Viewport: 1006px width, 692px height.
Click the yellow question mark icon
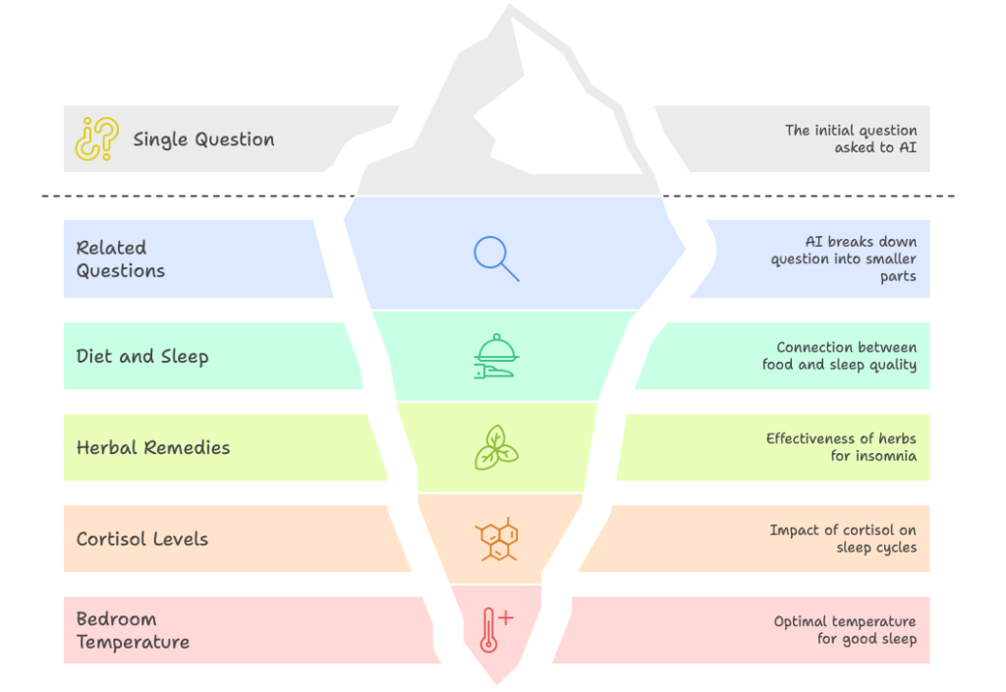pyautogui.click(x=96, y=140)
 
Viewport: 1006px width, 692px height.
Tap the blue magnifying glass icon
pyautogui.click(x=496, y=258)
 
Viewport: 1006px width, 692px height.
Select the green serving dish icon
pyautogui.click(x=496, y=357)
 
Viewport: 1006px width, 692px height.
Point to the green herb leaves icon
pyautogui.click(x=496, y=447)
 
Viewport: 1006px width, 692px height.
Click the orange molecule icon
pyautogui.click(x=497, y=539)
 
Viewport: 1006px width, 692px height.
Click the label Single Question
pyautogui.click(x=203, y=140)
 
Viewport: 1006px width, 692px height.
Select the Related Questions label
pyautogui.click(x=121, y=259)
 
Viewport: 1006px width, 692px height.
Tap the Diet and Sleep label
pyautogui.click(x=142, y=357)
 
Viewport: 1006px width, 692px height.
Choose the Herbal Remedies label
pyautogui.click(x=153, y=448)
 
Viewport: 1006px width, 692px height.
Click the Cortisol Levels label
pyautogui.click(x=142, y=540)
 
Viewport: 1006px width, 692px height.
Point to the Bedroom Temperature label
pyautogui.click(x=133, y=631)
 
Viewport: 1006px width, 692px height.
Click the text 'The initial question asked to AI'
pyautogui.click(x=851, y=139)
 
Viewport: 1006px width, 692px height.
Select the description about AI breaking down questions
pyautogui.click(x=844, y=259)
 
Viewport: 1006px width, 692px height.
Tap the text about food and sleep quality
pyautogui.click(x=840, y=356)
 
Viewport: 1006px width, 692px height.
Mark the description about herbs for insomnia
pyautogui.click(x=842, y=447)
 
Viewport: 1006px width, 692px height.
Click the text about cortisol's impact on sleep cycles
pyautogui.click(x=843, y=539)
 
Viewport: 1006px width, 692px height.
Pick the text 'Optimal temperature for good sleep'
pyautogui.click(x=845, y=630)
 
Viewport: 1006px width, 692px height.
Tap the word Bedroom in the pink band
pyautogui.click(x=116, y=619)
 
